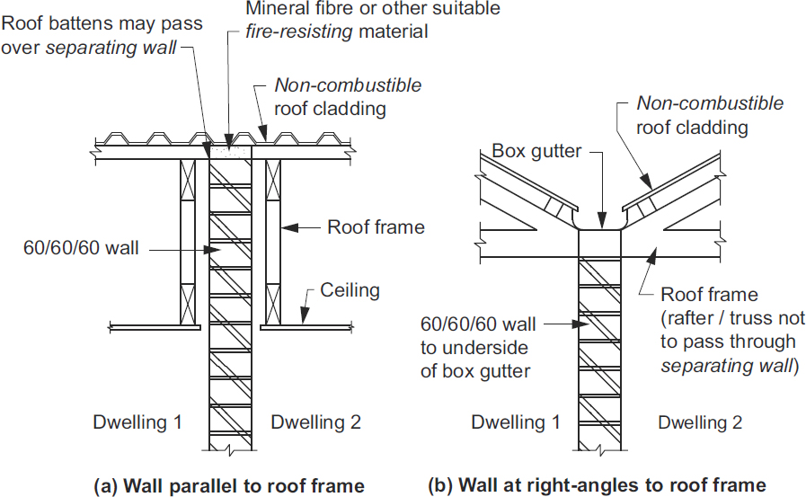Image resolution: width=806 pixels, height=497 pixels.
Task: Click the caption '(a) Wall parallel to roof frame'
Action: click(229, 486)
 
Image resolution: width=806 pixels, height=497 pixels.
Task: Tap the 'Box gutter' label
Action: click(536, 152)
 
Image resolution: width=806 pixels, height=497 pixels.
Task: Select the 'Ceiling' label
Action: click(350, 290)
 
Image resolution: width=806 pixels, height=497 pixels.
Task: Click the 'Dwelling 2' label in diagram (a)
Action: click(315, 422)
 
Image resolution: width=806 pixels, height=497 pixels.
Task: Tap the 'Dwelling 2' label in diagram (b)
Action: click(701, 422)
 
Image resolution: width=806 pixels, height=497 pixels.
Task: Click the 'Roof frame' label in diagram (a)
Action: click(376, 227)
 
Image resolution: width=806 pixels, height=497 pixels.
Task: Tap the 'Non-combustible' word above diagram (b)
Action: click(710, 103)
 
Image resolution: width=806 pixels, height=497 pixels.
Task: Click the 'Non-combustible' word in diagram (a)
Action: click(348, 86)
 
